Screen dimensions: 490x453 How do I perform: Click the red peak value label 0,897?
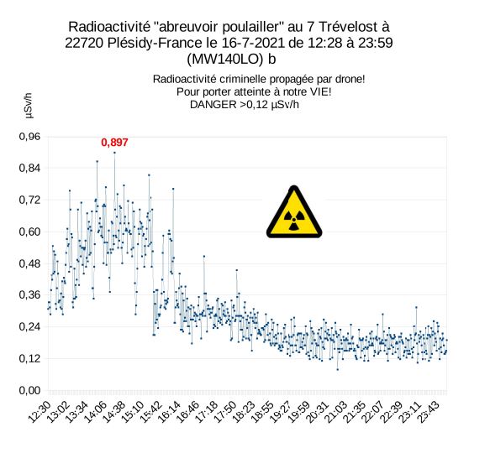tap(114, 143)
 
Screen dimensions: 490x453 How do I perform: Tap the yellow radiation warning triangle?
tap(294, 212)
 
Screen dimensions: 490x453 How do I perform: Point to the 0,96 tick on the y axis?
tap(29, 137)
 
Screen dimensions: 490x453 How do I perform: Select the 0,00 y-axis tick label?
tap(29, 390)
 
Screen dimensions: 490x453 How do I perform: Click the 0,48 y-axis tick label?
tap(29, 263)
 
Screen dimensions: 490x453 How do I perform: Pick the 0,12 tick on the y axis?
tap(29, 358)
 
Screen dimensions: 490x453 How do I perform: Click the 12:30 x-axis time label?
tap(40, 412)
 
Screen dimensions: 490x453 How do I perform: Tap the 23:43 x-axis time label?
tap(429, 412)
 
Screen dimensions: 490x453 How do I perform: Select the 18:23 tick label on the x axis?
tap(245, 412)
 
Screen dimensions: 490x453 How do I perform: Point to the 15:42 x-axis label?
tap(152, 412)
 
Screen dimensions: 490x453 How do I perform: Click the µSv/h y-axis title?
tap(29, 106)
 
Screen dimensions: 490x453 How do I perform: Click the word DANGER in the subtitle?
tap(213, 105)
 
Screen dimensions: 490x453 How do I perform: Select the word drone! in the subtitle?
tap(350, 79)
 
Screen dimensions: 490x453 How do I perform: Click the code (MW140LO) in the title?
tap(225, 60)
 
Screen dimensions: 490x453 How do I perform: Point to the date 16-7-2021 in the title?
tap(253, 43)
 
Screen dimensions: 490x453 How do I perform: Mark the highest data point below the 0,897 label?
tap(114, 153)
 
